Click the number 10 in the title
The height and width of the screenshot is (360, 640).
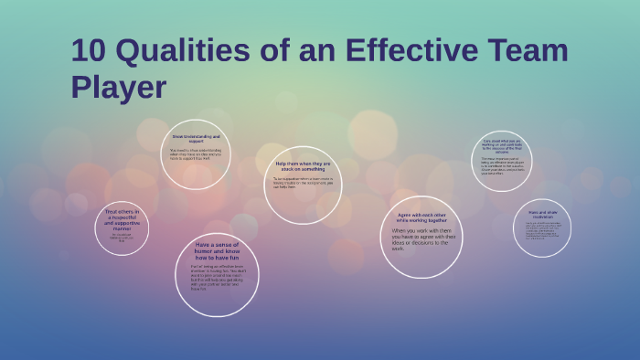click(90, 50)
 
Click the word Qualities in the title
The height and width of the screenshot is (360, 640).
click(185, 51)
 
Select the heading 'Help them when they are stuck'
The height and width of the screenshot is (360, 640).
click(304, 165)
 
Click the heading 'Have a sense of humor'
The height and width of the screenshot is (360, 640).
click(217, 251)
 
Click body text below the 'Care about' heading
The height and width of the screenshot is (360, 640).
click(502, 166)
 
